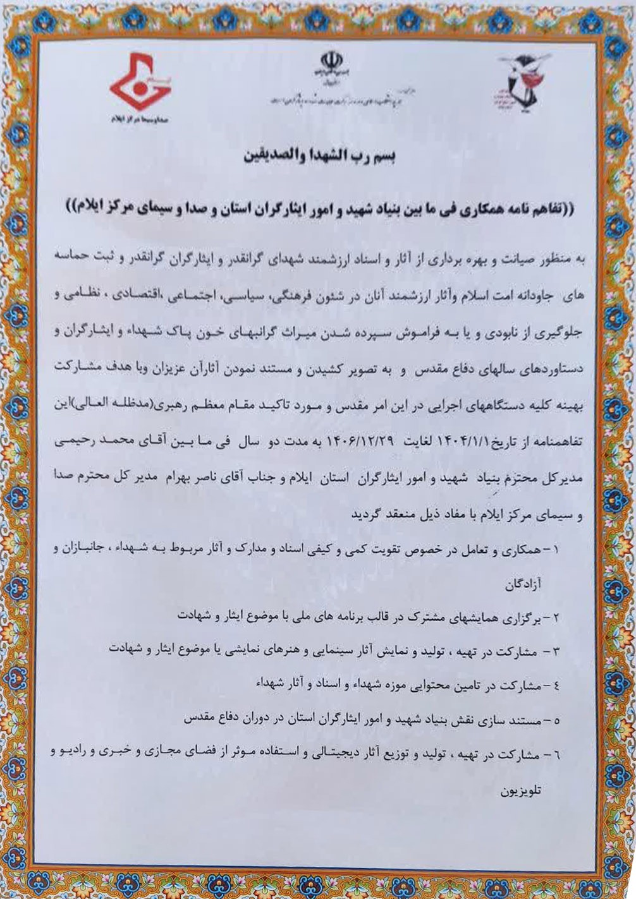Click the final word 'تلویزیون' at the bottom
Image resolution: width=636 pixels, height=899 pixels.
[x=520, y=791]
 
